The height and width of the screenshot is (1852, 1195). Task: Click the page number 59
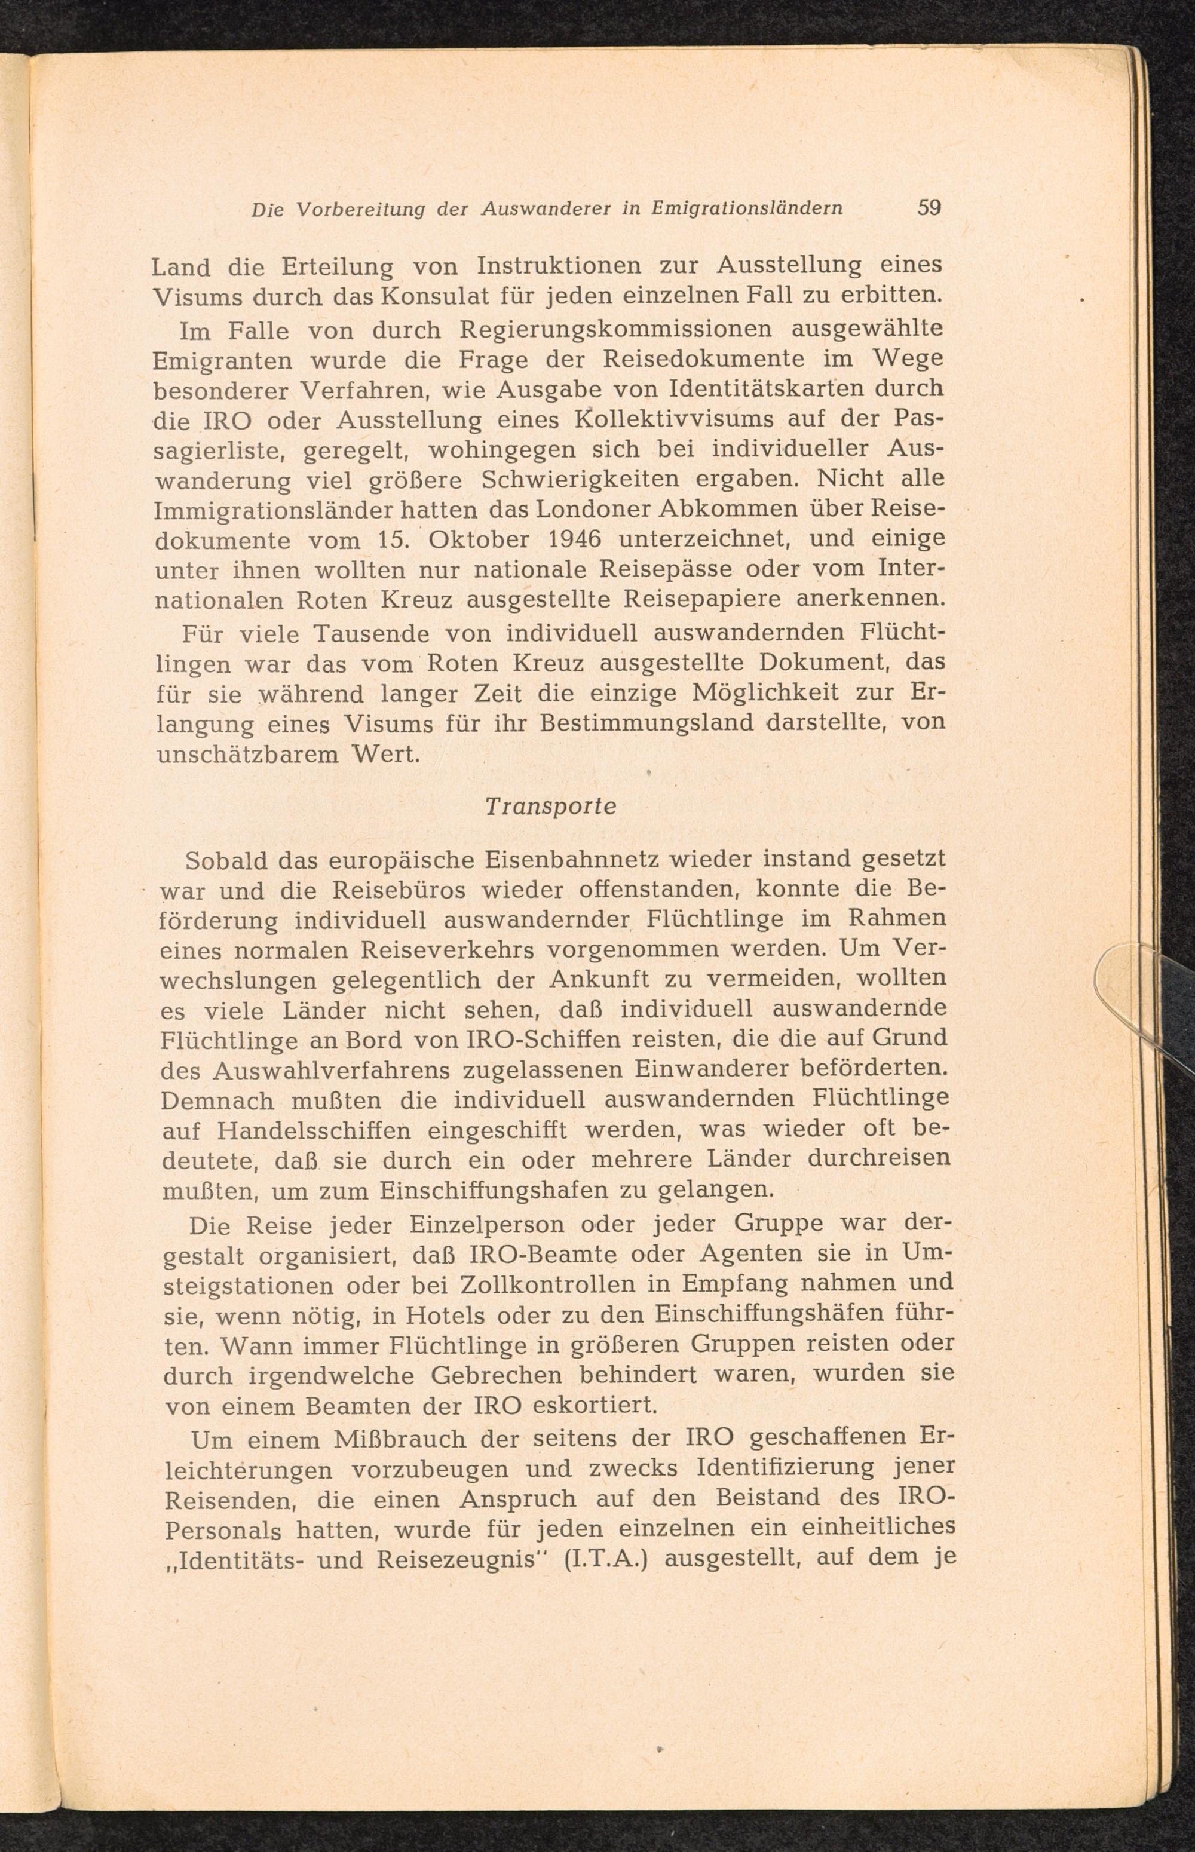929,208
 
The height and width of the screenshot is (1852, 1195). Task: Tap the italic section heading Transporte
550,807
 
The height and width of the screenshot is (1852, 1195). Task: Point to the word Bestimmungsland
647,723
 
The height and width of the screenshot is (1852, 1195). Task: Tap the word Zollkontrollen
547,1283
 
